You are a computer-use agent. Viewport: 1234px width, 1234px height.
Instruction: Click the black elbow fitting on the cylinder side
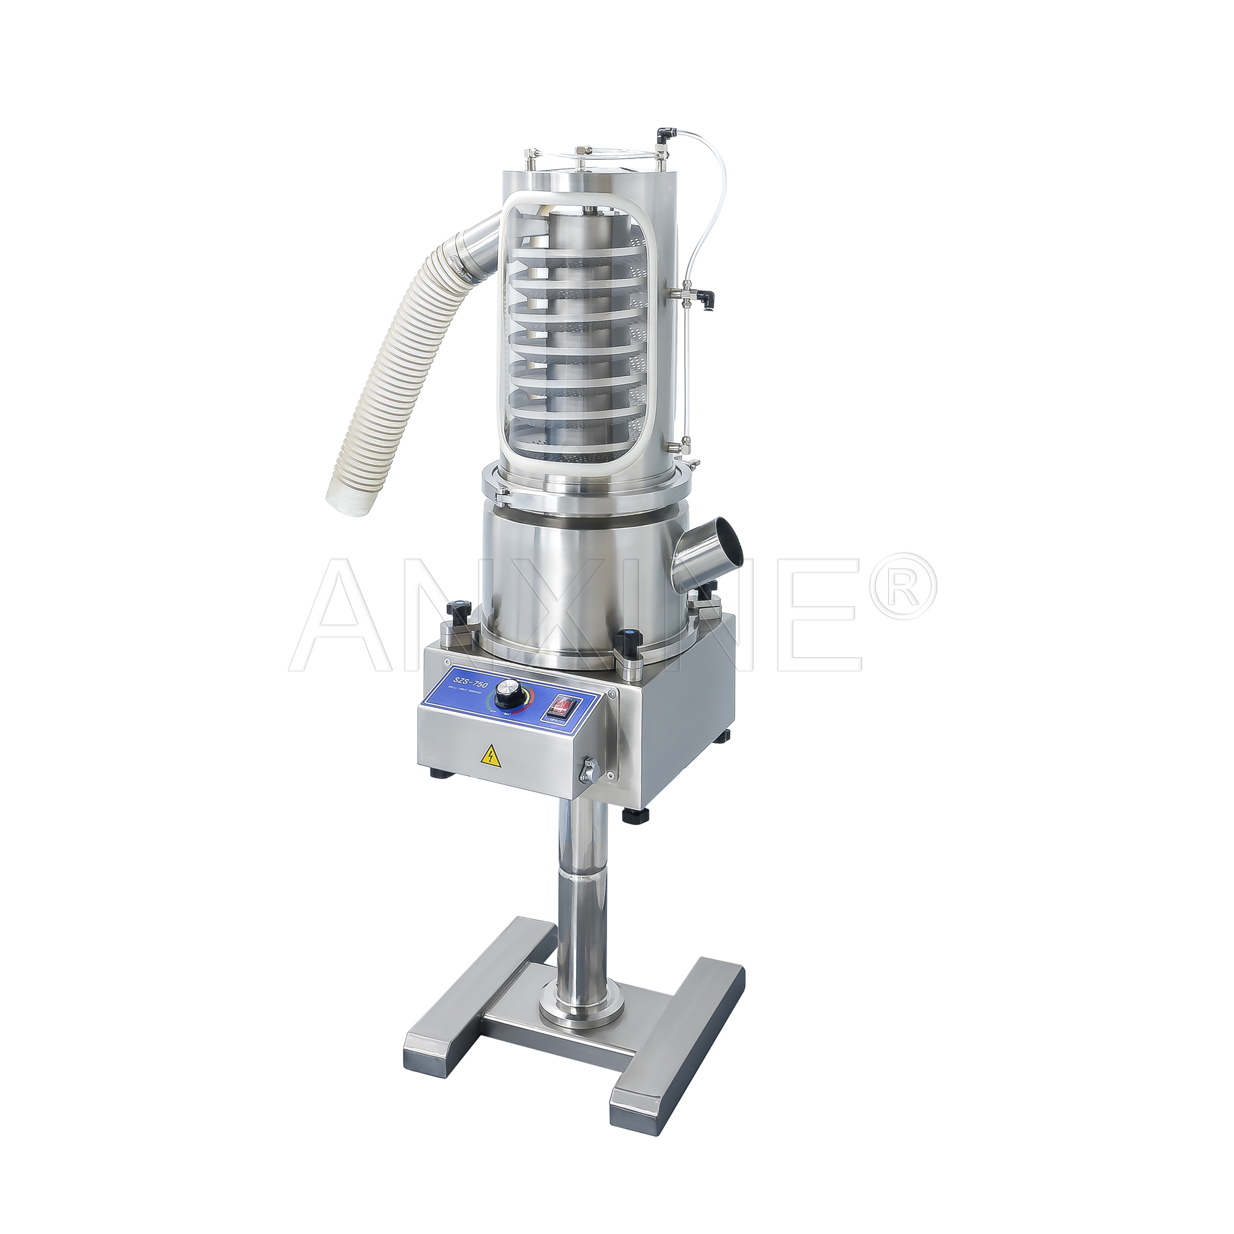point(707,297)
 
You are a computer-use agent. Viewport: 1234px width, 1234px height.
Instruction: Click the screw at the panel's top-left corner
point(447,662)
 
